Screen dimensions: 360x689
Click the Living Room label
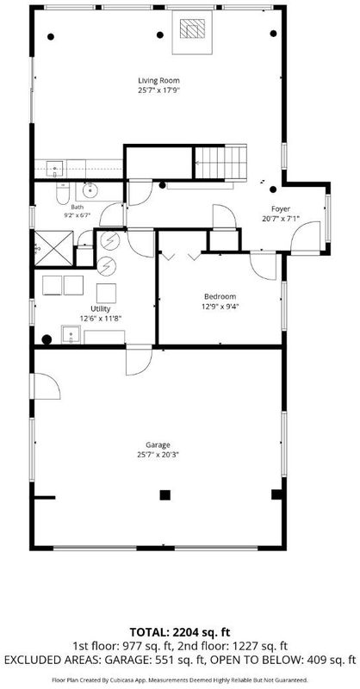[x=158, y=80]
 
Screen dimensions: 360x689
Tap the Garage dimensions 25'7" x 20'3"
[x=158, y=455]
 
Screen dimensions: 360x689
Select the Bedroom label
[x=220, y=296]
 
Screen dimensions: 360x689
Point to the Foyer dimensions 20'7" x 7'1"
[x=281, y=218]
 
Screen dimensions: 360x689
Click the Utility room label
[x=101, y=309]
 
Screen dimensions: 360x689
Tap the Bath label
[x=77, y=207]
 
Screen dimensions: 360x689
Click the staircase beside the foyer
[x=220, y=162]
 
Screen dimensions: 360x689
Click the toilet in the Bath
[x=62, y=193]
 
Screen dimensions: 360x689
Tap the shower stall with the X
[x=53, y=248]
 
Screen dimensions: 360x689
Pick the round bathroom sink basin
[x=90, y=189]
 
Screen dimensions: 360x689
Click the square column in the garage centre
[x=164, y=495]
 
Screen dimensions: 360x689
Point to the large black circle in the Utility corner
[x=47, y=339]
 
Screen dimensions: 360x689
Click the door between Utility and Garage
[x=139, y=360]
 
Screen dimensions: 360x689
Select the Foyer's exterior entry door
[x=306, y=238]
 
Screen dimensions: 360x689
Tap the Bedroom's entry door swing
[x=264, y=265]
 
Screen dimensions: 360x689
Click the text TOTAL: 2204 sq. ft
[x=180, y=632]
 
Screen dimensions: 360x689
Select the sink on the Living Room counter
[x=55, y=168]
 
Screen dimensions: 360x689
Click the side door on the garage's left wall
[x=45, y=386]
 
